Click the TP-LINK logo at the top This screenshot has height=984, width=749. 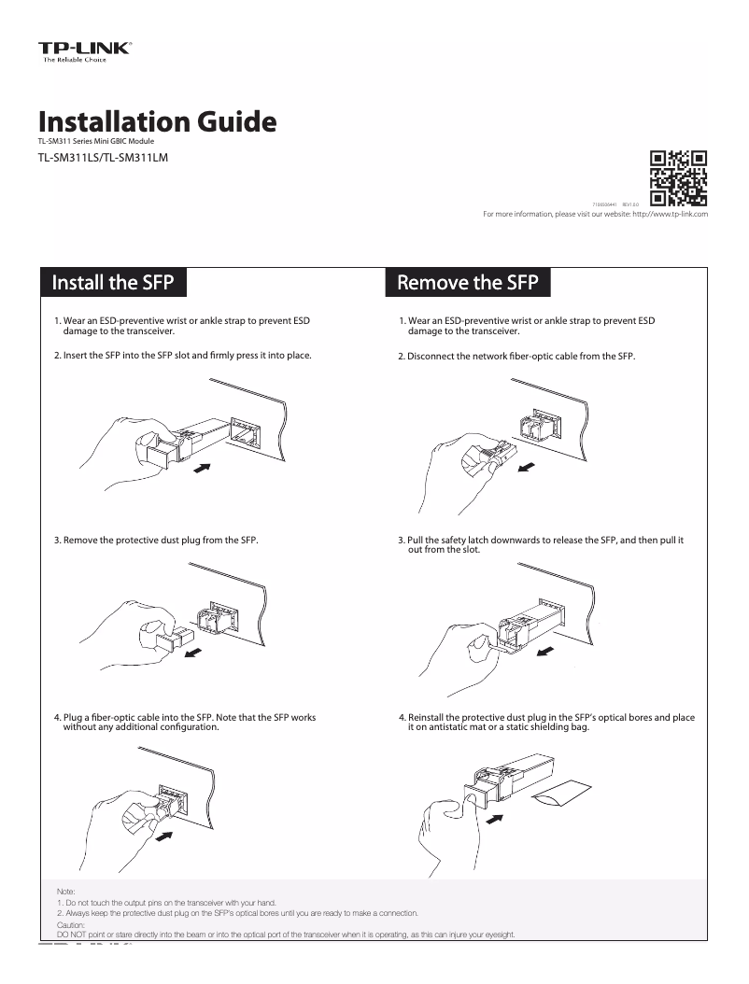tap(84, 49)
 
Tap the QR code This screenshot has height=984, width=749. tap(678, 177)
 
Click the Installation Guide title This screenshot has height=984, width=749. tap(157, 122)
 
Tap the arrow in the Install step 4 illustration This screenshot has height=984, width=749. tap(164, 837)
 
